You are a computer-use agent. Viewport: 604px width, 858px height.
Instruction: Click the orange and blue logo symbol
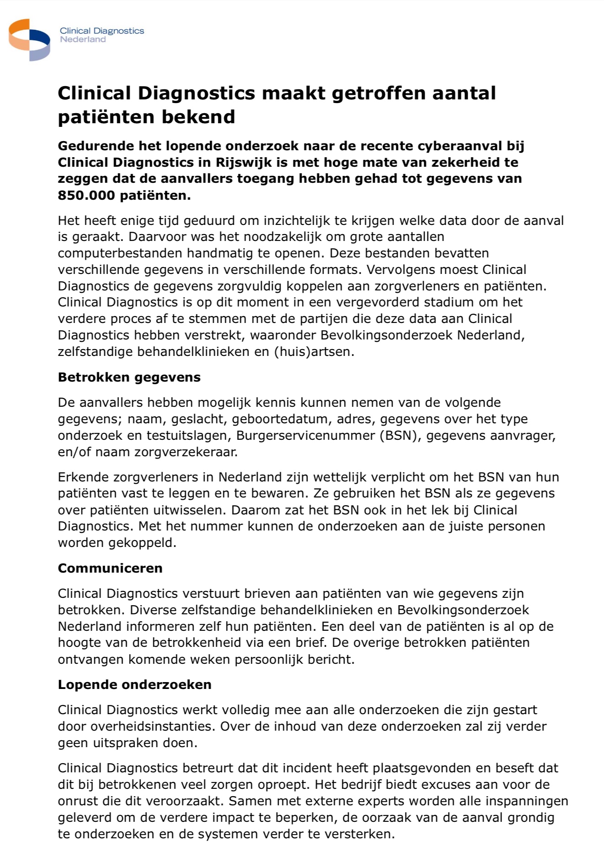pyautogui.click(x=29, y=40)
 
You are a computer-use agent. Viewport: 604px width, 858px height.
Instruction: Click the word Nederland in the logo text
pyautogui.click(x=83, y=40)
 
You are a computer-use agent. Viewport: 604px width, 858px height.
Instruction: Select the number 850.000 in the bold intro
pyautogui.click(x=86, y=195)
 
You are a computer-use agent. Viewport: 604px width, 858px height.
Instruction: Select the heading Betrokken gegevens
pyautogui.click(x=129, y=377)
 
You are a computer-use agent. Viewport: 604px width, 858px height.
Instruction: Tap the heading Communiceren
pyautogui.click(x=110, y=568)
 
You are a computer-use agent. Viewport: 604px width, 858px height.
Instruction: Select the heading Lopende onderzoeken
pyautogui.click(x=135, y=685)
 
